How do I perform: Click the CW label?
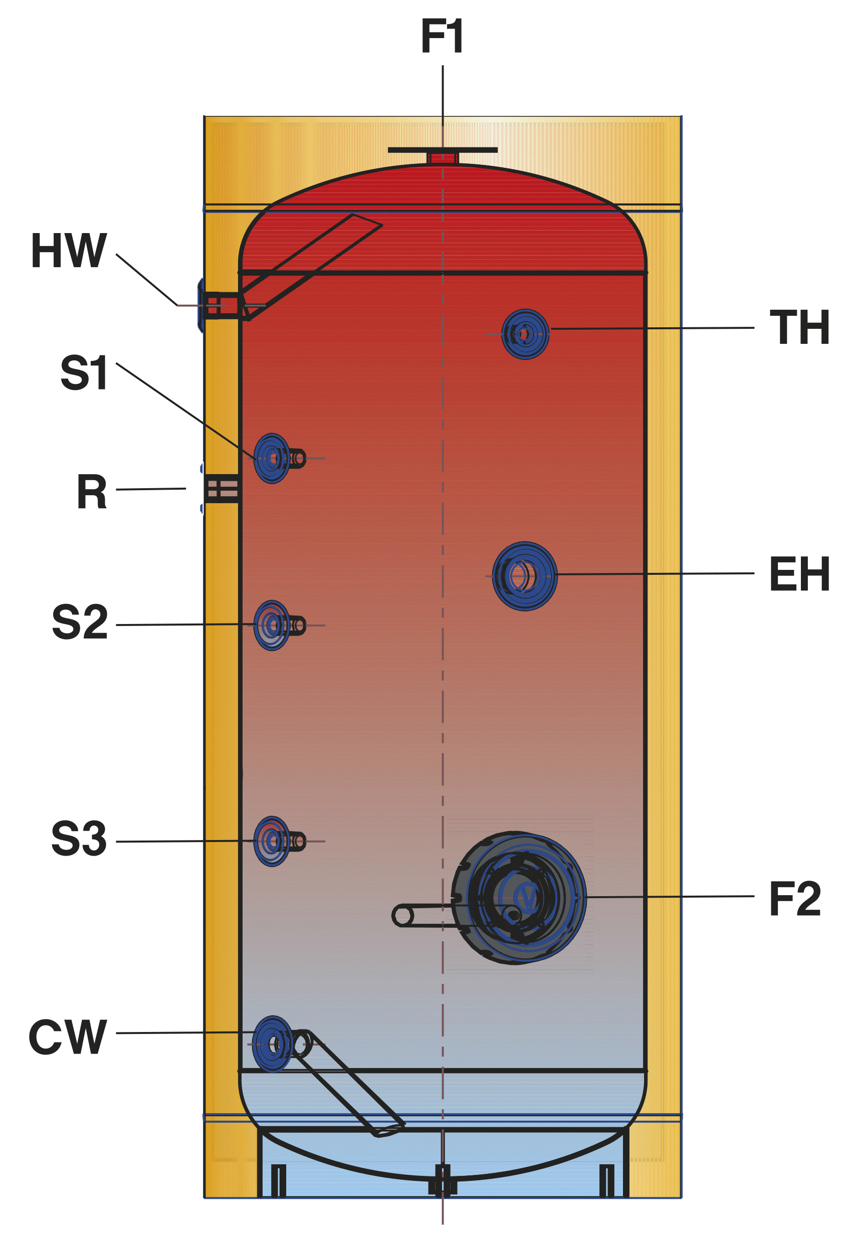(x=68, y=1037)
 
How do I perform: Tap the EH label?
(x=799, y=574)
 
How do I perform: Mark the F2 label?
(x=794, y=899)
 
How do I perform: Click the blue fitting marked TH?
(x=525, y=334)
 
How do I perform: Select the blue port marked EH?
(x=525, y=576)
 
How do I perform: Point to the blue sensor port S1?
(x=272, y=459)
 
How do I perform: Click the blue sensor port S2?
(x=272, y=625)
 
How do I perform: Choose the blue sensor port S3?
(x=272, y=842)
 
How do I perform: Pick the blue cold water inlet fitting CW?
(x=273, y=1044)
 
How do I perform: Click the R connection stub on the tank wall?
(x=222, y=488)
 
